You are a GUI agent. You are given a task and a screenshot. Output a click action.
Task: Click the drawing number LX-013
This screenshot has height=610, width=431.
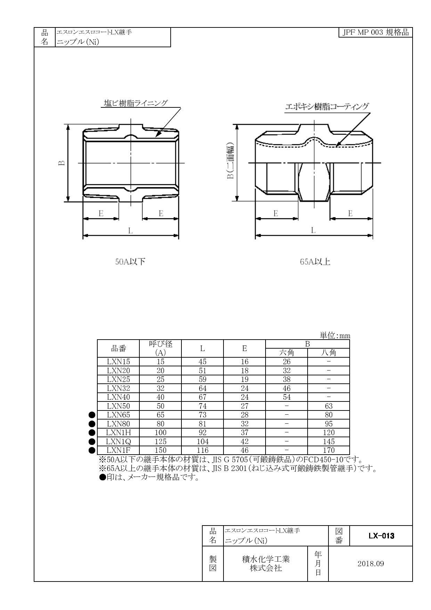tap(381, 536)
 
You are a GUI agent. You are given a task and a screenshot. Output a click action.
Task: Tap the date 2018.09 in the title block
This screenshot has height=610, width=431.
tap(371, 564)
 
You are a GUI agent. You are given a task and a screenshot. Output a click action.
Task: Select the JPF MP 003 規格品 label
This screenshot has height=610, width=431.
tap(375, 33)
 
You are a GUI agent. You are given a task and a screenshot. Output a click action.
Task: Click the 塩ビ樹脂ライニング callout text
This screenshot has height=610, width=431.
tap(136, 103)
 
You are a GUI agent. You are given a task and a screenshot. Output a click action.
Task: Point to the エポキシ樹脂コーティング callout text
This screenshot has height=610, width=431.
tap(327, 106)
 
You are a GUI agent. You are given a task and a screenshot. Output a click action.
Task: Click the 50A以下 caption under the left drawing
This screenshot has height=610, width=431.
tap(130, 262)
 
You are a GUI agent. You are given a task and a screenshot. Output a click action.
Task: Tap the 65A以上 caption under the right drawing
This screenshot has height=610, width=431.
tap(315, 262)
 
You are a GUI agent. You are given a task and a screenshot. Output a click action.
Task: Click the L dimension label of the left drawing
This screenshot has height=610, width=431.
tap(130, 230)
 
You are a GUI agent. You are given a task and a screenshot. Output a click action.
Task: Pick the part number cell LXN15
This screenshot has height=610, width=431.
tap(118, 361)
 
